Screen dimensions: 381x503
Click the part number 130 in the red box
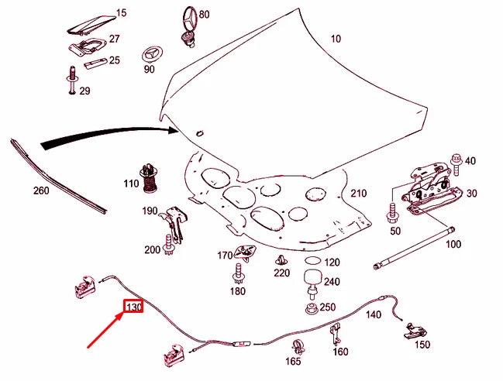(133, 307)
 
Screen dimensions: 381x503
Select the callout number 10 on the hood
(336, 39)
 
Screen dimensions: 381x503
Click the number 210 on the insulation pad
(357, 193)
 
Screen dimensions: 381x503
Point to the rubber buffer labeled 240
(312, 280)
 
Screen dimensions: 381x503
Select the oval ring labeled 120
(312, 263)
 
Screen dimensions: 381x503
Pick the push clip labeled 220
(281, 260)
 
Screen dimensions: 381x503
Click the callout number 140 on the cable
(374, 314)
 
